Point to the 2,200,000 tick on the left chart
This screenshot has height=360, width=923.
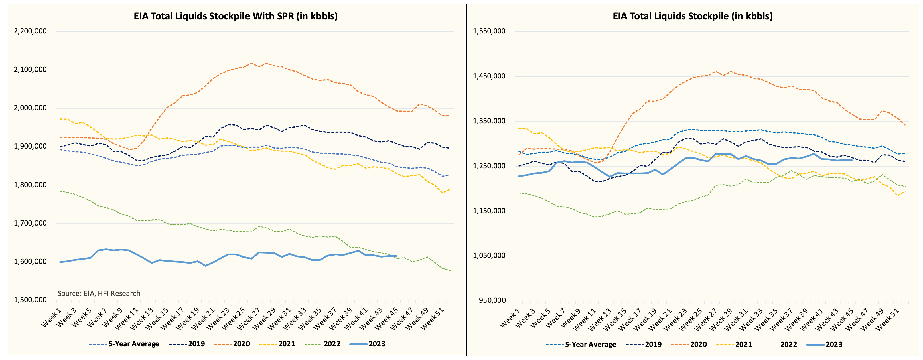30,31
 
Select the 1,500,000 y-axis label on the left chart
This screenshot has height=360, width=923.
30,300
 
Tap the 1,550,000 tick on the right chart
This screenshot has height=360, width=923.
489,31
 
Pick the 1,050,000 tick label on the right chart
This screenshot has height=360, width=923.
489,255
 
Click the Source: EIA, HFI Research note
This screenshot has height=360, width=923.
99,293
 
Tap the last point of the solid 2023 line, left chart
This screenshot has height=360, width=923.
396,256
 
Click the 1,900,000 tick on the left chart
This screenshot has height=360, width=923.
30,146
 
